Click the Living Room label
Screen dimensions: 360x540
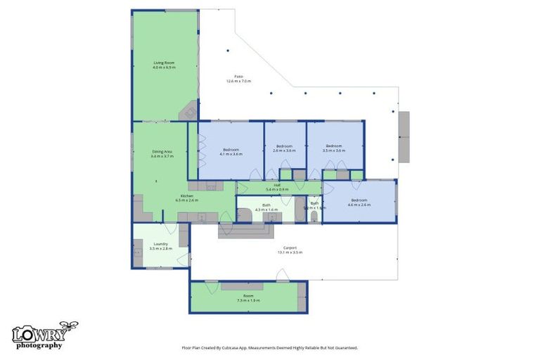[x=164, y=65]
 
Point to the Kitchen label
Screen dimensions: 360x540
[x=187, y=198]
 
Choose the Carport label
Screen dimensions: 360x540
[x=290, y=250]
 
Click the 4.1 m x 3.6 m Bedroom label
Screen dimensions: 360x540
[x=231, y=151]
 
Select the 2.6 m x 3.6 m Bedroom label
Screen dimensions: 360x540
[x=285, y=148]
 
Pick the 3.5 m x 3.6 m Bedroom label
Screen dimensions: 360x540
[x=333, y=148]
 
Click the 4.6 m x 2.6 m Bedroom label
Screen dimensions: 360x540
[x=359, y=202]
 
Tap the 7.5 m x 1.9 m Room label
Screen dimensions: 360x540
[x=248, y=298]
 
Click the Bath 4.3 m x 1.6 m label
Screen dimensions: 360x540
[x=266, y=207]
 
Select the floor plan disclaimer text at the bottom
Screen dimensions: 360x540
[x=270, y=347]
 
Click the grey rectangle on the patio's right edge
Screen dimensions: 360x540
[x=404, y=136]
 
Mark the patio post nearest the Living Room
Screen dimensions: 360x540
[x=228, y=51]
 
